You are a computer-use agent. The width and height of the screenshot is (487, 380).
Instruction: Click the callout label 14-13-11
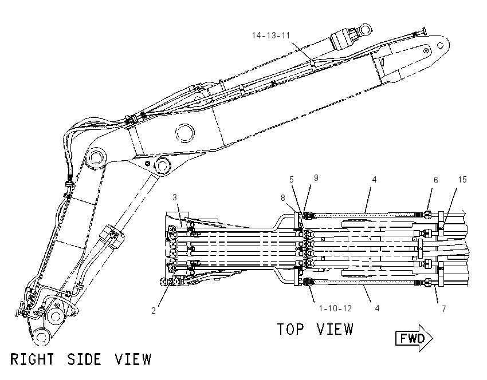[271, 35]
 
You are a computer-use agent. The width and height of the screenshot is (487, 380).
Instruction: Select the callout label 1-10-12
[335, 308]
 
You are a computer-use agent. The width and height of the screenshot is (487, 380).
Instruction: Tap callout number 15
[462, 180]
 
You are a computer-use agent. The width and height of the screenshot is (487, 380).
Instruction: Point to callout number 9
[316, 178]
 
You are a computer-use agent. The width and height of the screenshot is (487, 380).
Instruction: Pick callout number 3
[175, 197]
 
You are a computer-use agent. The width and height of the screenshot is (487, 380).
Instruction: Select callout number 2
[154, 311]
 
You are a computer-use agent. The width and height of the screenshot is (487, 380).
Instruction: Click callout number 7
[444, 308]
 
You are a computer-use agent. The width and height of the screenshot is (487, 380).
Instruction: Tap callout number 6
[436, 180]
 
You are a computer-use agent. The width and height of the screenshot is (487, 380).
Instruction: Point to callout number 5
[291, 180]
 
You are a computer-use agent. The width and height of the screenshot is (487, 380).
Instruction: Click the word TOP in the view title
[290, 329]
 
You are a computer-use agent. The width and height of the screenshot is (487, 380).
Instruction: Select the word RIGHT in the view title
[32, 359]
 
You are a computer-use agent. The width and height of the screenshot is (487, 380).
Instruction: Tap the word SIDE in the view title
[84, 359]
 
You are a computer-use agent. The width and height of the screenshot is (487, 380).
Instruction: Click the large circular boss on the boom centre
[185, 133]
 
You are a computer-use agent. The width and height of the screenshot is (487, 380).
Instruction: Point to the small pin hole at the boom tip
[440, 46]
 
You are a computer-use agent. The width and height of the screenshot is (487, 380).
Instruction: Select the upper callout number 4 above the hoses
[375, 180]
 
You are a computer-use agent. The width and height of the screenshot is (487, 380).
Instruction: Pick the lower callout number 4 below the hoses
[377, 308]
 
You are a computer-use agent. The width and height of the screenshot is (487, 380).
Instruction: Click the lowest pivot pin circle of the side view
[41, 337]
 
